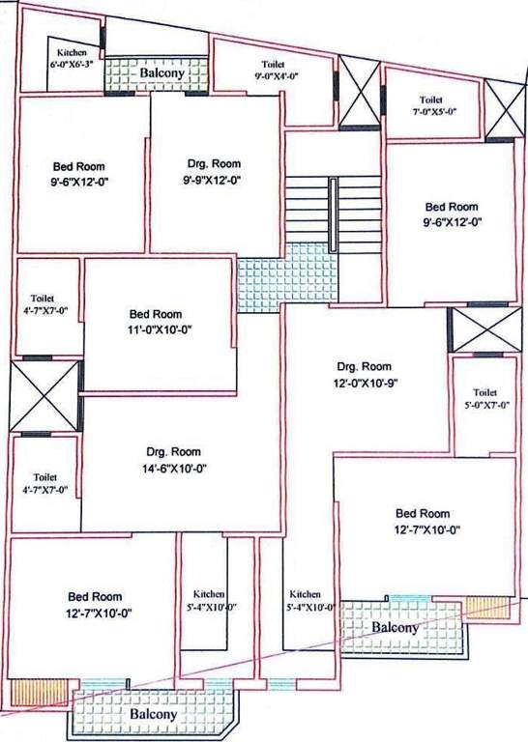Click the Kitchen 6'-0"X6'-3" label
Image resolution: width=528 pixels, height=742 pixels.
pyautogui.click(x=73, y=57)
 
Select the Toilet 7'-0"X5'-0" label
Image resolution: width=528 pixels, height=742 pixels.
pyautogui.click(x=430, y=105)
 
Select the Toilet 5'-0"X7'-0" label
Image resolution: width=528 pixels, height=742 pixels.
pyautogui.click(x=485, y=398)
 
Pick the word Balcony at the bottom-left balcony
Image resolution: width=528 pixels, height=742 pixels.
pyautogui.click(x=153, y=714)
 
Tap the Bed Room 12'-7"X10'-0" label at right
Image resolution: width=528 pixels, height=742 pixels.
pyautogui.click(x=423, y=521)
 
